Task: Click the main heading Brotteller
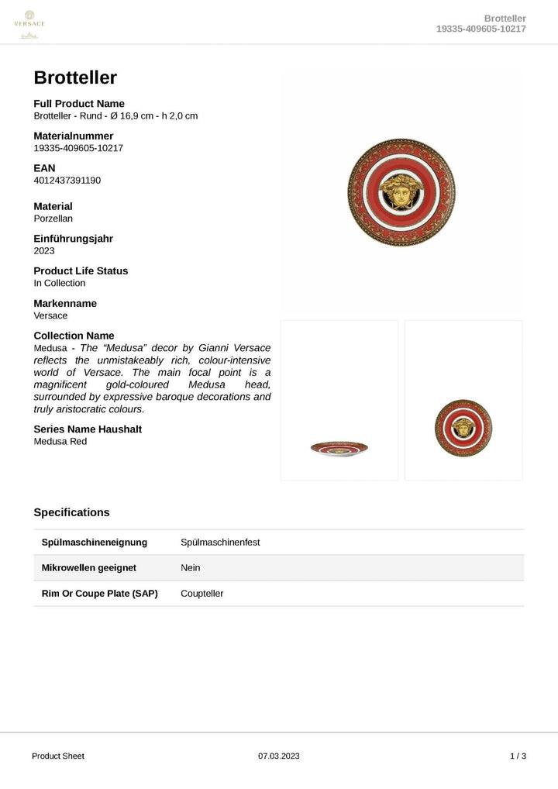(75, 78)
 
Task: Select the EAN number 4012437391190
(67, 181)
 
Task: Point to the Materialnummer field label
(73, 136)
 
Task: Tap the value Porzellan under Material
(53, 219)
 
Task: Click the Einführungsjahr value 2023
(44, 251)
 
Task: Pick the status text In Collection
(60, 283)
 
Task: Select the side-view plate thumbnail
(339, 448)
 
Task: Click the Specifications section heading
(71, 512)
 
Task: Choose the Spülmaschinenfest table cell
(220, 542)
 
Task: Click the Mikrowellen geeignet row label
(88, 567)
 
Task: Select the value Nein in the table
(191, 567)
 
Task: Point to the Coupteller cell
(202, 593)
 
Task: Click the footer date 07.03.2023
(278, 756)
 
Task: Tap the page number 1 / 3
(518, 756)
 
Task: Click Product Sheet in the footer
(58, 756)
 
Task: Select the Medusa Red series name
(60, 442)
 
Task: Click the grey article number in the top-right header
(481, 29)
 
